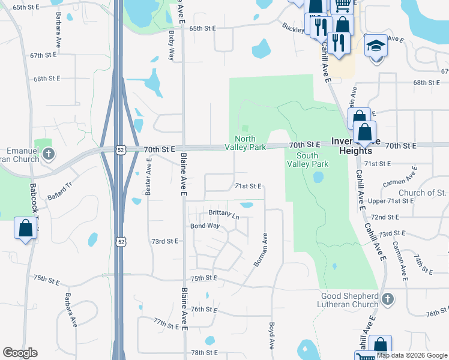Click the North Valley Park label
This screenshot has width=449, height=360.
coord(245,142)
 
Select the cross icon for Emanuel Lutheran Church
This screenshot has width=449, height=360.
coord(49,155)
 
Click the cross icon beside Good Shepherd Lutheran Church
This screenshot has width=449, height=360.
coord(388,299)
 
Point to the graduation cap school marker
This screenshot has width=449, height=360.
coord(375,46)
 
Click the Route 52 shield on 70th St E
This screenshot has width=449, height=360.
coord(121,149)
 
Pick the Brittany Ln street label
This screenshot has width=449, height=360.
coord(223,214)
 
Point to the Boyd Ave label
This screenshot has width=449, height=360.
coord(271,337)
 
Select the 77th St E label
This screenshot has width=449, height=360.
coord(166,324)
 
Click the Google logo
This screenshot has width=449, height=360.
coord(20,353)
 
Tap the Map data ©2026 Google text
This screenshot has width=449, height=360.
coord(412,355)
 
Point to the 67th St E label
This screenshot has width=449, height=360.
coord(43,55)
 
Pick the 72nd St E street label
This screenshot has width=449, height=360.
coord(385,217)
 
